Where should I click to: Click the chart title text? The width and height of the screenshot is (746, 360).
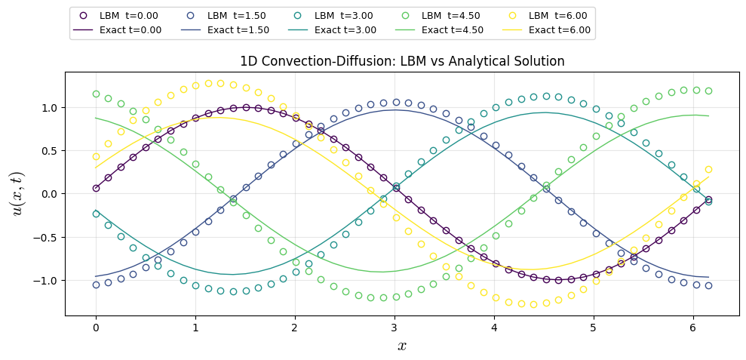[x=401, y=62]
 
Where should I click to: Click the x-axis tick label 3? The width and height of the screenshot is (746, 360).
[x=394, y=327]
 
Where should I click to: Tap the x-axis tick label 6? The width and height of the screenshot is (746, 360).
[x=692, y=327]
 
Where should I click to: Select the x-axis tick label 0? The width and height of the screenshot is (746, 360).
[x=96, y=327]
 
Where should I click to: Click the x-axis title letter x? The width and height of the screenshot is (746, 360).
[x=401, y=346]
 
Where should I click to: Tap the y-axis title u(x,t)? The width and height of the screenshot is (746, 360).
[x=17, y=194]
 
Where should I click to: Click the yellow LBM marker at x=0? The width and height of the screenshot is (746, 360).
[x=96, y=156]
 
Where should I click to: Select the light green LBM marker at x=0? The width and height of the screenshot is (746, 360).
[x=96, y=94]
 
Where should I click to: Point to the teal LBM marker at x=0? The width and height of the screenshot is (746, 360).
[x=96, y=214]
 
